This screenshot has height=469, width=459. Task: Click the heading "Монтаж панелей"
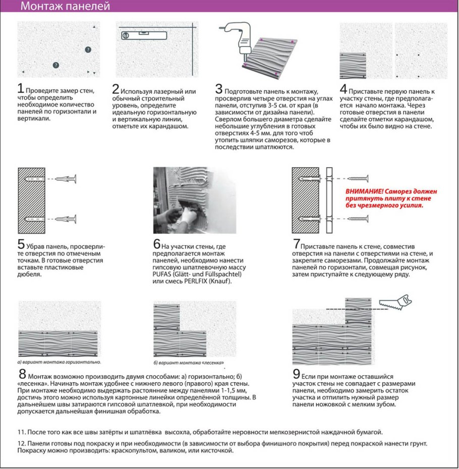coord(65,6)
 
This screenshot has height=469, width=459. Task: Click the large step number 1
coord(21,88)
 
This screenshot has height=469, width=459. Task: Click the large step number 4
coord(343,89)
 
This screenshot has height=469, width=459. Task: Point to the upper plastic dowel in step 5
coord(66,179)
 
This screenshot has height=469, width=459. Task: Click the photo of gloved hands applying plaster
coord(195,200)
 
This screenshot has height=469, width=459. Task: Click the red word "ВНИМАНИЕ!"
coord(364,191)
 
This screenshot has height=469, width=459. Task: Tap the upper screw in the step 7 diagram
coord(358,179)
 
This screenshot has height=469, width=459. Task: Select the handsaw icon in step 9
coord(395,302)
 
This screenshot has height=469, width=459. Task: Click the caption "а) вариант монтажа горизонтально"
coord(59,362)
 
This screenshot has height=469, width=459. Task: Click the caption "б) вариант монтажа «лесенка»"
coord(189,363)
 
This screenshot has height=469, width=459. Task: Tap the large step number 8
coord(22,374)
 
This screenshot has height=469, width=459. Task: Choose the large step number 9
coord(296,374)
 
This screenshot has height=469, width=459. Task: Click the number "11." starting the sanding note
coord(22,432)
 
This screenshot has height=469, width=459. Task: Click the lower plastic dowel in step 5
coord(66,219)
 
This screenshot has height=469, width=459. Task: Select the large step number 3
coord(219,89)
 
